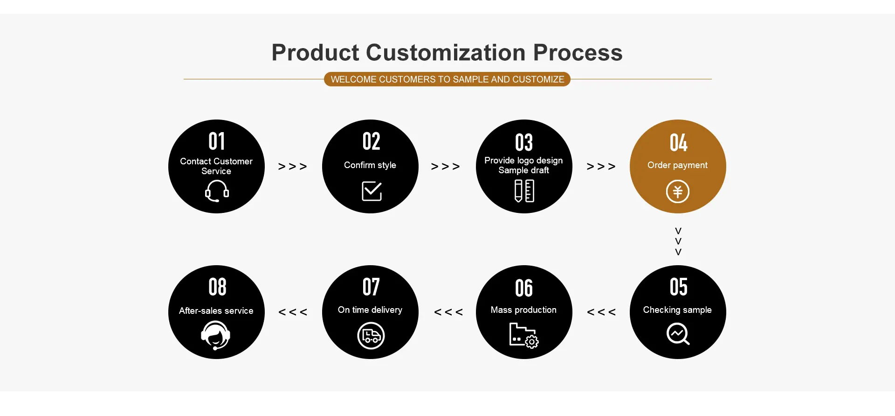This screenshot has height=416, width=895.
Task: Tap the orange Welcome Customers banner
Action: pyautogui.click(x=447, y=79)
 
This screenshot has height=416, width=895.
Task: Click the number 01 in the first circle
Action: pyautogui.click(x=217, y=141)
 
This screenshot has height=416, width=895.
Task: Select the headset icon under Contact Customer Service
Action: pyautogui.click(x=217, y=191)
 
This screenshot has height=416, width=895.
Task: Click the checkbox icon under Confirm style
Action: pyautogui.click(x=372, y=191)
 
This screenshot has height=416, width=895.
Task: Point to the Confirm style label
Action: pyautogui.click(x=370, y=165)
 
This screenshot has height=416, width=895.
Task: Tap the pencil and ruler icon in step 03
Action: pyautogui.click(x=524, y=191)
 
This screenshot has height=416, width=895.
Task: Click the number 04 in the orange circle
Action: pyautogui.click(x=678, y=143)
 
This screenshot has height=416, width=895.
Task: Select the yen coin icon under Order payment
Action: pyautogui.click(x=678, y=191)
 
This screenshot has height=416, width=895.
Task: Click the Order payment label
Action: pyautogui.click(x=677, y=165)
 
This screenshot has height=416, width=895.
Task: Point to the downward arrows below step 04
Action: pyautogui.click(x=678, y=241)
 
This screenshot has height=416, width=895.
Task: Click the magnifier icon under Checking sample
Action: pyautogui.click(x=678, y=334)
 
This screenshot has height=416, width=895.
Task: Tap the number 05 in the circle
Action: pyautogui.click(x=678, y=287)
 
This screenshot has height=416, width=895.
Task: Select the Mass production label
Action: pyautogui.click(x=523, y=310)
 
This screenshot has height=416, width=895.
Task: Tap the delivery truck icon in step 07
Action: pyautogui.click(x=371, y=336)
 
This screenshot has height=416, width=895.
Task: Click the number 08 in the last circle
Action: pyautogui.click(x=217, y=287)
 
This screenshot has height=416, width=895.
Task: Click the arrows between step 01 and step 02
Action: pyautogui.click(x=293, y=167)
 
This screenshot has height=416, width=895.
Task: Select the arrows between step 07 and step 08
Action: pyautogui.click(x=293, y=312)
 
